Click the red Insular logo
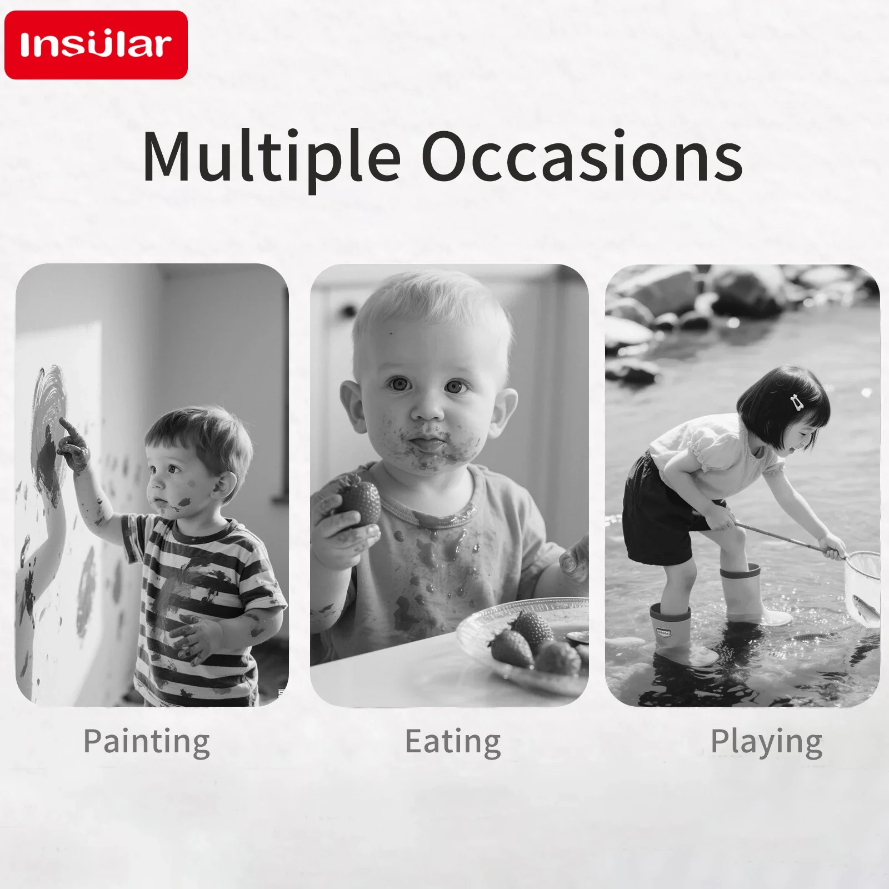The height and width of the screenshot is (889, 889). pyautogui.click(x=96, y=45)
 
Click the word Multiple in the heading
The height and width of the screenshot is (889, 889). pyautogui.click(x=271, y=156)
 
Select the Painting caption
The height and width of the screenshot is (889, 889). pyautogui.click(x=147, y=742)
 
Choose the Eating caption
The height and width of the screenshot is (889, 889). pyautogui.click(x=452, y=742)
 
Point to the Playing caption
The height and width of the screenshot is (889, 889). pyautogui.click(x=767, y=742)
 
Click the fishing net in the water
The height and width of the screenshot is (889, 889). pyautogui.click(x=862, y=588)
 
